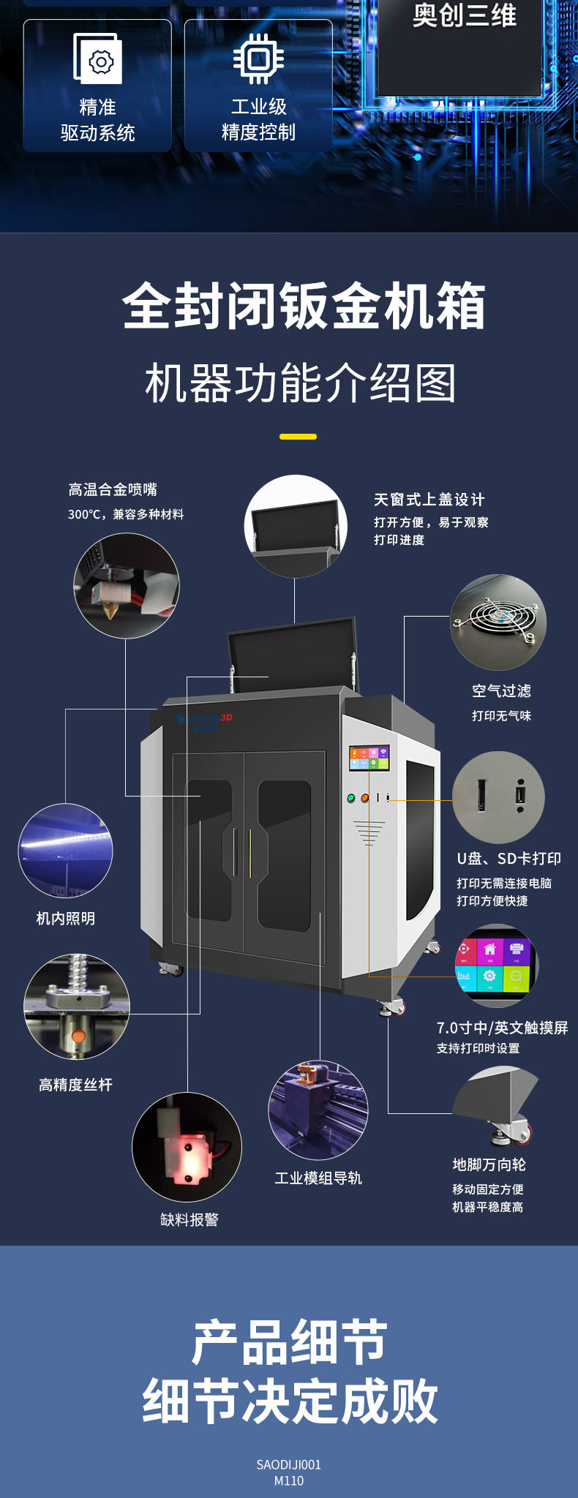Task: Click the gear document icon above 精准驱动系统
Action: pos(97,59)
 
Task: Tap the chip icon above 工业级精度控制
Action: pos(258,59)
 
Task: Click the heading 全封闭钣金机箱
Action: pos(304,306)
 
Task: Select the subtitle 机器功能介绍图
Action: pos(301,383)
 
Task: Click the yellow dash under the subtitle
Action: pos(298,437)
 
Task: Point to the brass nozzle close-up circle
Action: pos(126,585)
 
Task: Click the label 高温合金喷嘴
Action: pos(113,489)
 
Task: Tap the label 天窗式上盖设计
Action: pos(429,500)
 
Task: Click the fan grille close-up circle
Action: pos(498,622)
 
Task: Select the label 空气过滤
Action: pos(501,690)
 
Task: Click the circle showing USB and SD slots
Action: pos(498,797)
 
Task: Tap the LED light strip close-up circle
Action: pos(65,850)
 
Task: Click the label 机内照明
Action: pos(66,918)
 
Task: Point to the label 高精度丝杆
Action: pos(75,1085)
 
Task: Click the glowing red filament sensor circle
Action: pos(187,1146)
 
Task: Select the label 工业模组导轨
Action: pos(318,1178)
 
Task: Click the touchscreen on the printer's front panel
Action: pos(369,758)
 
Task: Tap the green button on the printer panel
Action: pos(351,798)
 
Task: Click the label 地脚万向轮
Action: pos(489,1164)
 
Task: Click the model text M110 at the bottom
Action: pos(289,1480)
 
